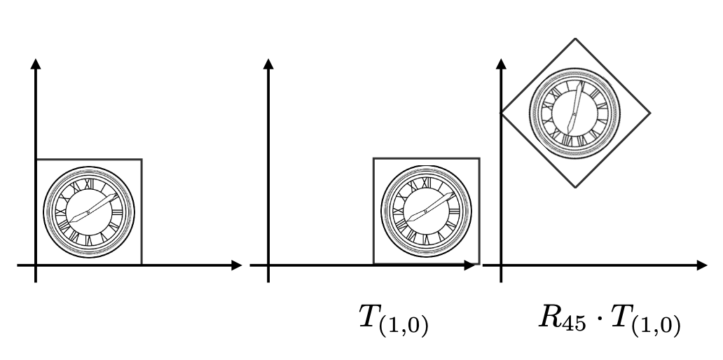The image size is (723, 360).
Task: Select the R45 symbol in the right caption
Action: point(562,319)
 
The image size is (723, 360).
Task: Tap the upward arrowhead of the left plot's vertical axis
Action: point(36,64)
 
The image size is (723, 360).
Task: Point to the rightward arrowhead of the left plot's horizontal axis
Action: point(237,265)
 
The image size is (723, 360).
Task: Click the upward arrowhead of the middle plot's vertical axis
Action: point(268,64)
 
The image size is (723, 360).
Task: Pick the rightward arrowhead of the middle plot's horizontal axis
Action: point(469,265)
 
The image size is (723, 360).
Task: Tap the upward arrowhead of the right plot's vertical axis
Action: point(501,64)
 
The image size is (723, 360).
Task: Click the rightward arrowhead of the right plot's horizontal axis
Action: point(702,265)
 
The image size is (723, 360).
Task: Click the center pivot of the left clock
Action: point(88,212)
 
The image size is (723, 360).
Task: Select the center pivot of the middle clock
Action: point(425,211)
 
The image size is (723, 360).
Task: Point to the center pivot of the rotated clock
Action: point(574,113)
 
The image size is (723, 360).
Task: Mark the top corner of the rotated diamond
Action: point(575,39)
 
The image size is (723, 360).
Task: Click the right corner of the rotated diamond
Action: point(650,113)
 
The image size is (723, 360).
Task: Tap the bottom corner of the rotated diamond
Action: point(575,188)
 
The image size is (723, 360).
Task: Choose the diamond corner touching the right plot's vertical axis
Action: point(501,113)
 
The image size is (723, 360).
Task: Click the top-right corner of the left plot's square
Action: point(142,160)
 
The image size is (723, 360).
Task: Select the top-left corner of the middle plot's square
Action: point(373,158)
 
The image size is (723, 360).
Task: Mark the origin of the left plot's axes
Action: point(36,265)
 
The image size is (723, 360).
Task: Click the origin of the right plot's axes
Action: point(501,265)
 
